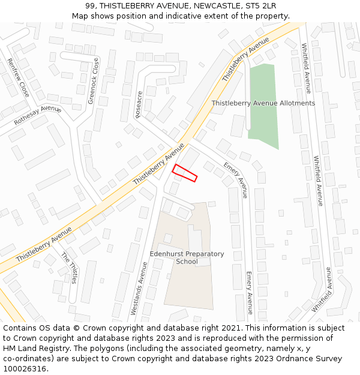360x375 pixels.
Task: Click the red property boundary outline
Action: pos(185,173)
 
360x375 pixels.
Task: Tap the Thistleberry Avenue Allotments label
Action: pos(263,103)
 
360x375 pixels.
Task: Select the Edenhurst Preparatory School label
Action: pos(187,257)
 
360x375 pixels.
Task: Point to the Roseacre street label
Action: pos(139,104)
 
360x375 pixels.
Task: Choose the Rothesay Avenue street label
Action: pos(38,115)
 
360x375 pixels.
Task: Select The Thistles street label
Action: pos(69,268)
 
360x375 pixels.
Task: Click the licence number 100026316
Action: pos(25,369)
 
